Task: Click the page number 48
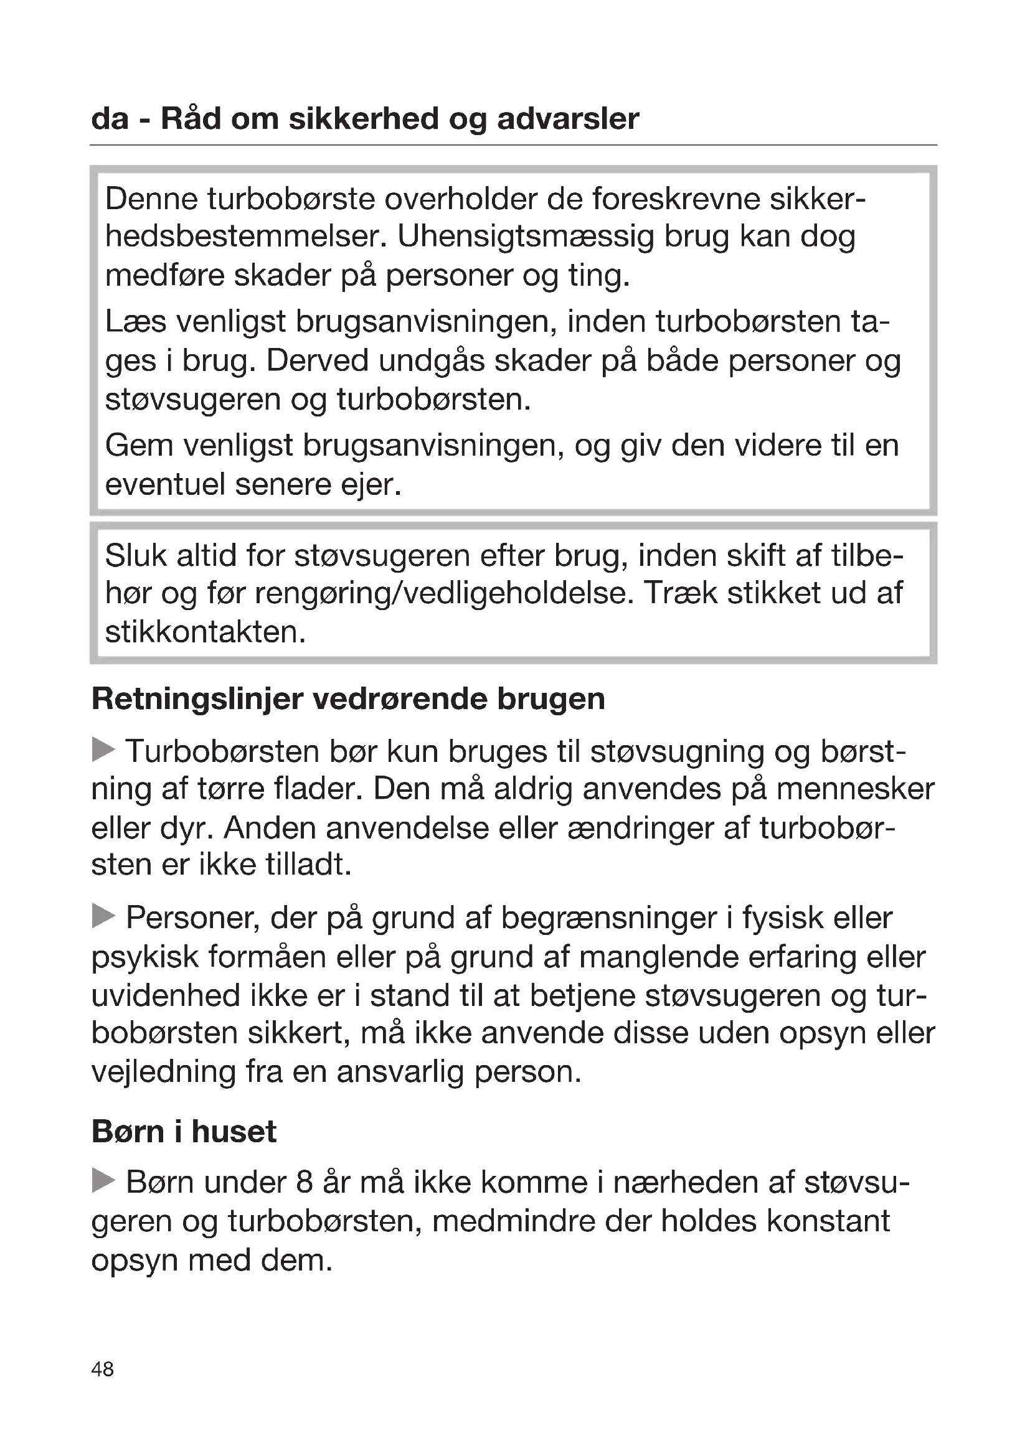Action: pyautogui.click(x=102, y=1369)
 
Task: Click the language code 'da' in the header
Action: pyautogui.click(x=110, y=119)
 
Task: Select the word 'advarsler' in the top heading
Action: pyautogui.click(x=568, y=119)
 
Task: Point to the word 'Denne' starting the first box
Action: pyautogui.click(x=150, y=199)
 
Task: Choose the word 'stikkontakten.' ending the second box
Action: pyautogui.click(x=206, y=632)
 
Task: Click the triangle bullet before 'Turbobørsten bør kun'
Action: pyautogui.click(x=103, y=749)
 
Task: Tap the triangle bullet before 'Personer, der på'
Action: pyautogui.click(x=103, y=916)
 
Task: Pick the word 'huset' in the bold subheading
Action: pyautogui.click(x=234, y=1131)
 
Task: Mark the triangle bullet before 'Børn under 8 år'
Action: pyautogui.click(x=103, y=1181)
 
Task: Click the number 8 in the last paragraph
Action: pyautogui.click(x=304, y=1182)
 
